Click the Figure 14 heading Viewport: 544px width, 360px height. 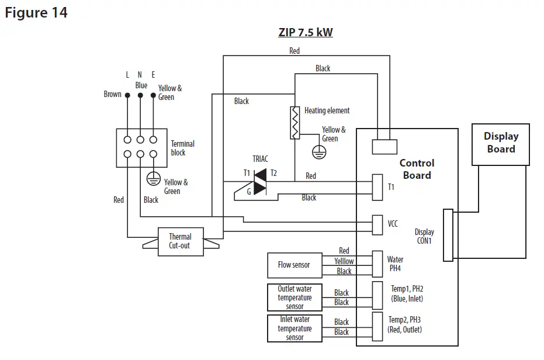36,12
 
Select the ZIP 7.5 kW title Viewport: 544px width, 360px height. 305,32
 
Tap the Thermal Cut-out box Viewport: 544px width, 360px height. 181,241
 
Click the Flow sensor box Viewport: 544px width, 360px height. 294,265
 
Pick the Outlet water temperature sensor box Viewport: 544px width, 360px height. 294,297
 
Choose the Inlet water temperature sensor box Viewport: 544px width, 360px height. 294,328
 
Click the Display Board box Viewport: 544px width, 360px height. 501,144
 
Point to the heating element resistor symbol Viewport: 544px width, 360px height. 295,123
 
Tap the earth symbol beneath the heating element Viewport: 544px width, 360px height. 318,152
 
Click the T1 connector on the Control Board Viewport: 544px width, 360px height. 377,186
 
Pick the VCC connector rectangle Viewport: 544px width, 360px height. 377,223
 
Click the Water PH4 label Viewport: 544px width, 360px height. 395,264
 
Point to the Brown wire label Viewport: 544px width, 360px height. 112,94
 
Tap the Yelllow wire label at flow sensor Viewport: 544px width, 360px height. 344,261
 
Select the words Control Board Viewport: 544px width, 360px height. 417,169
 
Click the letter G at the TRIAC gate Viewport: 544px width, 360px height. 249,191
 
